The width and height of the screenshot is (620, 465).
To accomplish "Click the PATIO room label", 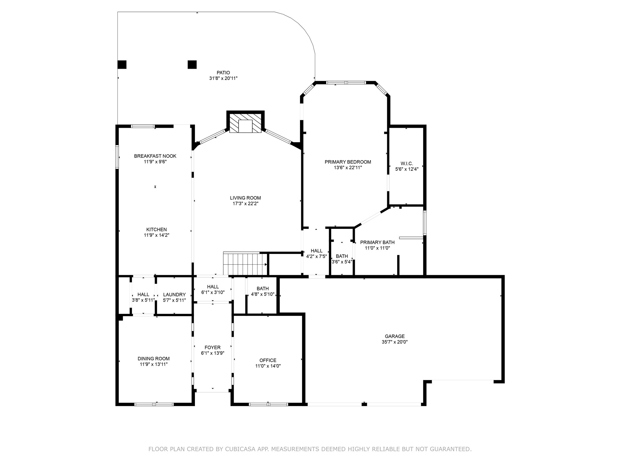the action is click(x=223, y=73).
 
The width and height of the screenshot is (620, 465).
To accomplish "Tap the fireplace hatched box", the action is click(x=245, y=123).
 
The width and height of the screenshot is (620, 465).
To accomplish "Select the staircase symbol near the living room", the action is click(x=246, y=263).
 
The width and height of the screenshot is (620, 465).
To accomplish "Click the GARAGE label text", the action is click(x=395, y=336).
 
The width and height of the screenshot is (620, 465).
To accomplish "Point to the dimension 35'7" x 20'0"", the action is click(x=395, y=342).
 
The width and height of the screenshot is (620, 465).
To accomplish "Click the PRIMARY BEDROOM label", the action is click(x=348, y=162).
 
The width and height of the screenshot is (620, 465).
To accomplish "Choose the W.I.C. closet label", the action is click(x=407, y=164).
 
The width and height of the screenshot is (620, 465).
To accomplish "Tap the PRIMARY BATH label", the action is click(x=377, y=242).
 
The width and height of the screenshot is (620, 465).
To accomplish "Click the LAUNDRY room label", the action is click(x=174, y=295).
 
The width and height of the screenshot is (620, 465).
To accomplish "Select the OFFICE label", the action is click(x=268, y=360).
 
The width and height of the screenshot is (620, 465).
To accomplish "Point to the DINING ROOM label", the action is click(x=154, y=359).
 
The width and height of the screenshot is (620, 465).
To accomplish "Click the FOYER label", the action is click(x=213, y=348).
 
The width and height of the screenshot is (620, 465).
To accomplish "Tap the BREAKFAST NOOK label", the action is click(x=155, y=156).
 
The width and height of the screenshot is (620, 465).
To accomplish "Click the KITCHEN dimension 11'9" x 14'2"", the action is click(x=157, y=235).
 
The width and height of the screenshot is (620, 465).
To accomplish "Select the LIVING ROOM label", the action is click(x=246, y=198).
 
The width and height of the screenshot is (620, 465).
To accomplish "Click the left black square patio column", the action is click(x=122, y=64).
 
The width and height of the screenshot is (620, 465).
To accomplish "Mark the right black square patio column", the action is click(x=192, y=64).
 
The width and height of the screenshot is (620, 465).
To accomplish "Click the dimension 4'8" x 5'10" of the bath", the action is click(x=263, y=294).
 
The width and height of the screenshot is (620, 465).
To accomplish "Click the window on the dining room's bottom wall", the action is click(x=154, y=404).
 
